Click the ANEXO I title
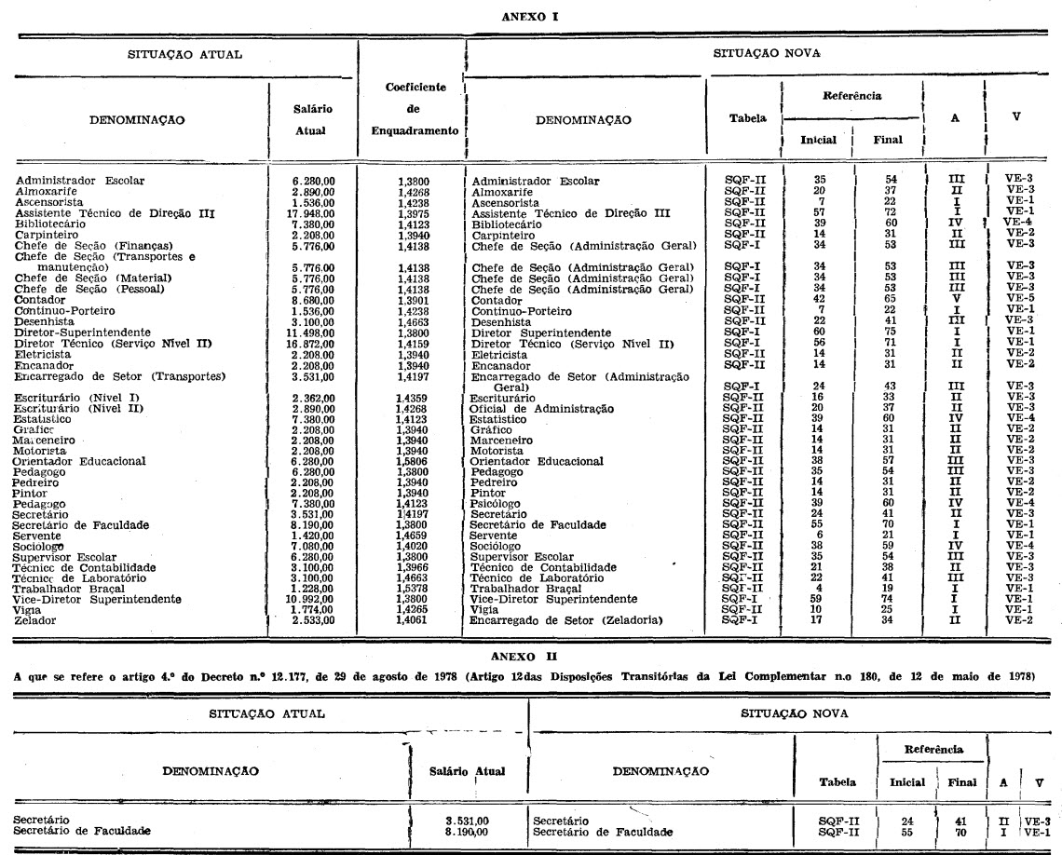coord(530,16)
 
